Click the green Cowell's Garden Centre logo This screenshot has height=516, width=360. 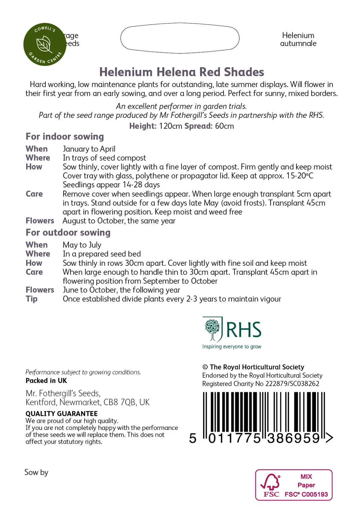click(x=45, y=44)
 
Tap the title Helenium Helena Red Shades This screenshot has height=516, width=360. click(x=182, y=72)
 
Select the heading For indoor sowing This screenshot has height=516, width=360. click(x=65, y=136)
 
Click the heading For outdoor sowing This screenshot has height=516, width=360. click(x=68, y=232)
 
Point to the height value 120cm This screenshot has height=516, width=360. click(x=170, y=126)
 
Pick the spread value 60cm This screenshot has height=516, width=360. click(x=224, y=126)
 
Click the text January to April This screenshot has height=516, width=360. click(x=89, y=149)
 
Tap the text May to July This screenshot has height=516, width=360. click(x=82, y=245)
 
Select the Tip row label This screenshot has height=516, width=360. click(x=31, y=299)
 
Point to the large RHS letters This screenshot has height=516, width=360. click(x=243, y=330)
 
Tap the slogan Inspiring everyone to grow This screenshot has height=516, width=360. click(x=232, y=347)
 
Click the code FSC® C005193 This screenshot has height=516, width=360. click(x=306, y=494)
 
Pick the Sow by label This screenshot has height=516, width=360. click(x=36, y=472)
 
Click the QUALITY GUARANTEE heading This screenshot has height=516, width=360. click(x=62, y=414)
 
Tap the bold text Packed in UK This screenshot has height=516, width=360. click(x=46, y=381)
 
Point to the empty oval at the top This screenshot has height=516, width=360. click(x=180, y=38)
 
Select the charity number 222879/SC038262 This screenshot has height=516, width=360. click(x=292, y=384)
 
